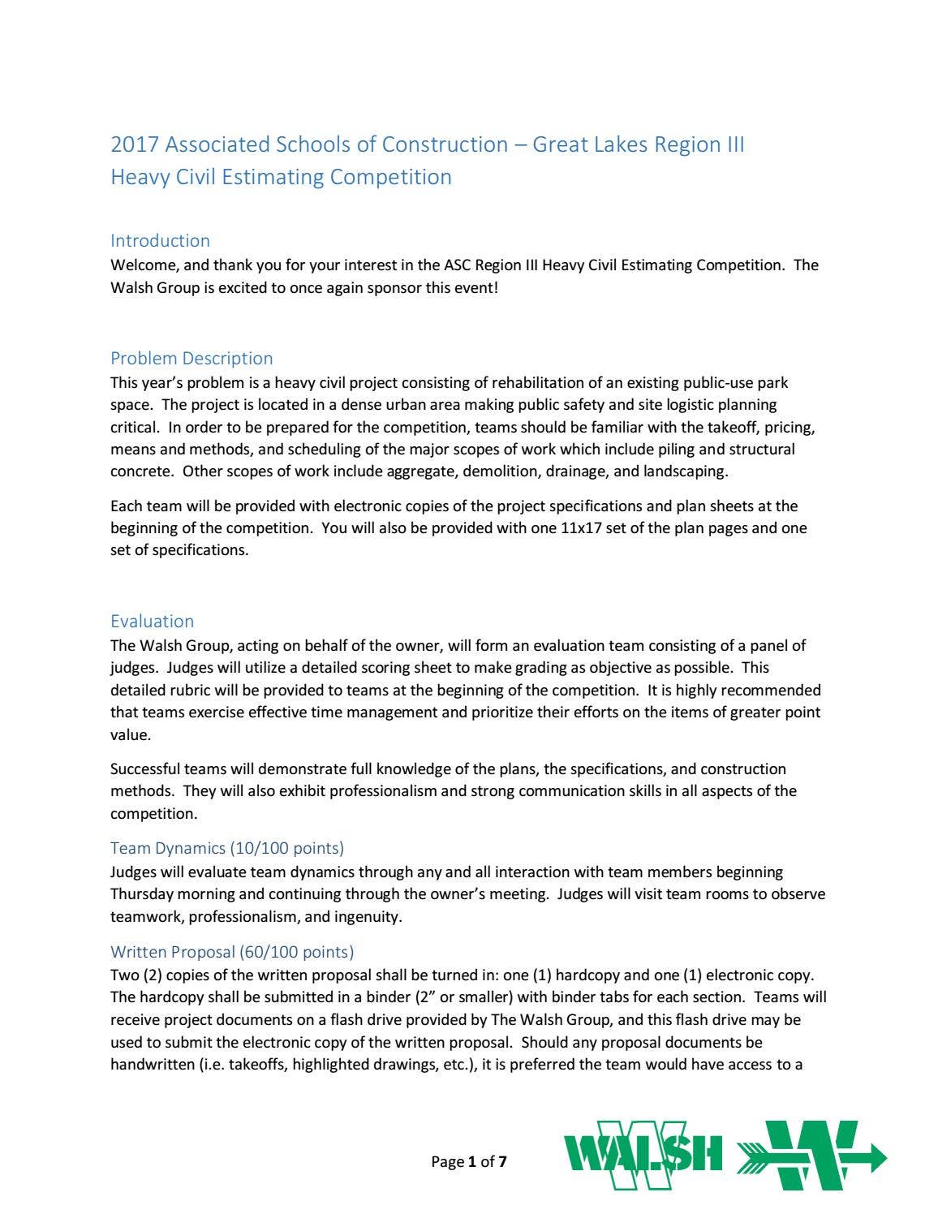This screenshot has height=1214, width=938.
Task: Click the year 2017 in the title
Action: point(135,144)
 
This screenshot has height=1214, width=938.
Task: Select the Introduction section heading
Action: point(160,240)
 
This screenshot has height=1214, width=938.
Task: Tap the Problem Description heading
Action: point(191,358)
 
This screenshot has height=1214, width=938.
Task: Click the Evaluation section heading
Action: point(152,621)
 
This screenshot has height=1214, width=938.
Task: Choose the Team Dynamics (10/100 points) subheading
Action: point(227,848)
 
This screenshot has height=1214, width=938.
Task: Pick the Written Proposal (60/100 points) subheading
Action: point(232,951)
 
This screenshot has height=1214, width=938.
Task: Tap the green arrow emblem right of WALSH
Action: point(811,1155)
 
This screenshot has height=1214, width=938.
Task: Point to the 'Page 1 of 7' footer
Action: point(469,1161)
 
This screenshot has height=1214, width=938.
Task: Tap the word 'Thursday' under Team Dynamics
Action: point(142,893)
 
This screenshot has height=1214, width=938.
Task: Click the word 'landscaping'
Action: point(685,471)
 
